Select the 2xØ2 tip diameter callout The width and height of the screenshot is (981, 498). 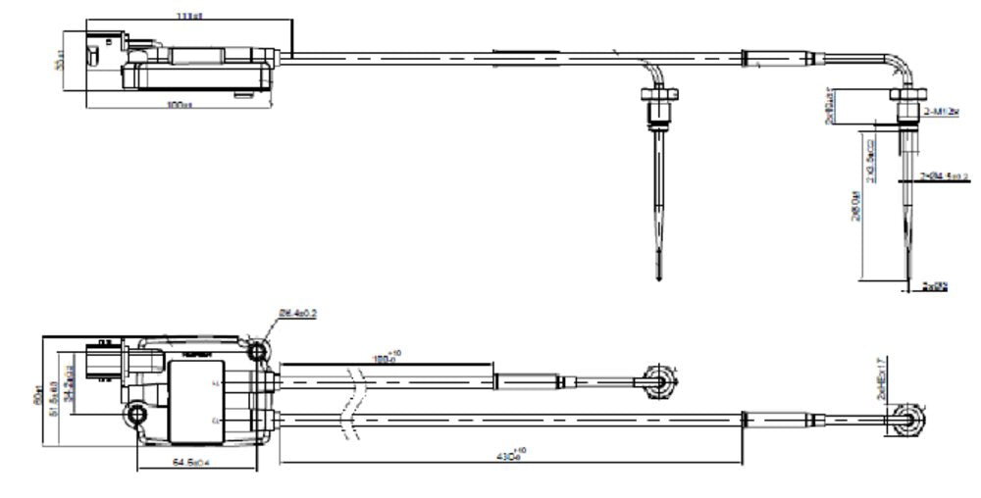(937, 286)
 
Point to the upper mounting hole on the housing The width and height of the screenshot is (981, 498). (259, 350)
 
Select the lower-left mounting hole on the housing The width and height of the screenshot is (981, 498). (137, 417)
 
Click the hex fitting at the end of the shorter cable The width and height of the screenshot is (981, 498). (657, 379)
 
